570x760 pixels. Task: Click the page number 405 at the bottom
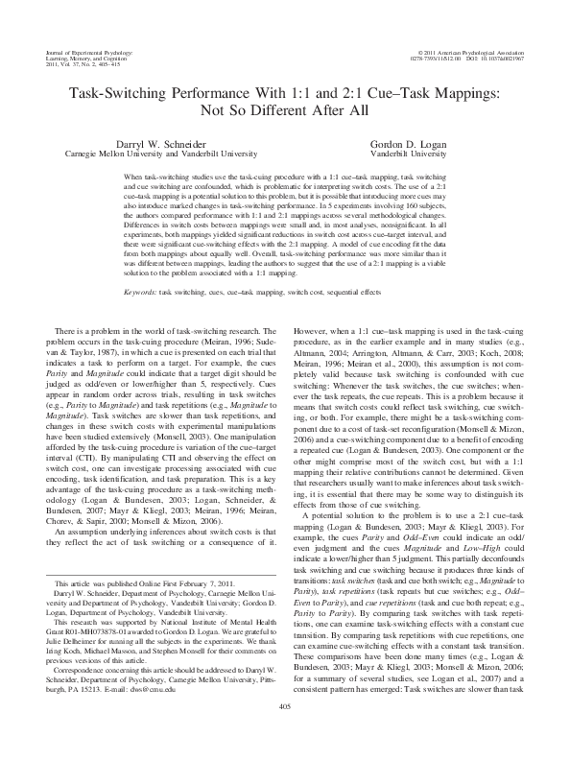point(284,734)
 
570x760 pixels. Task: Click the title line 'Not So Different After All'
point(284,108)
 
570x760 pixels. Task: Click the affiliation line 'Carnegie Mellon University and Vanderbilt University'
point(145,153)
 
